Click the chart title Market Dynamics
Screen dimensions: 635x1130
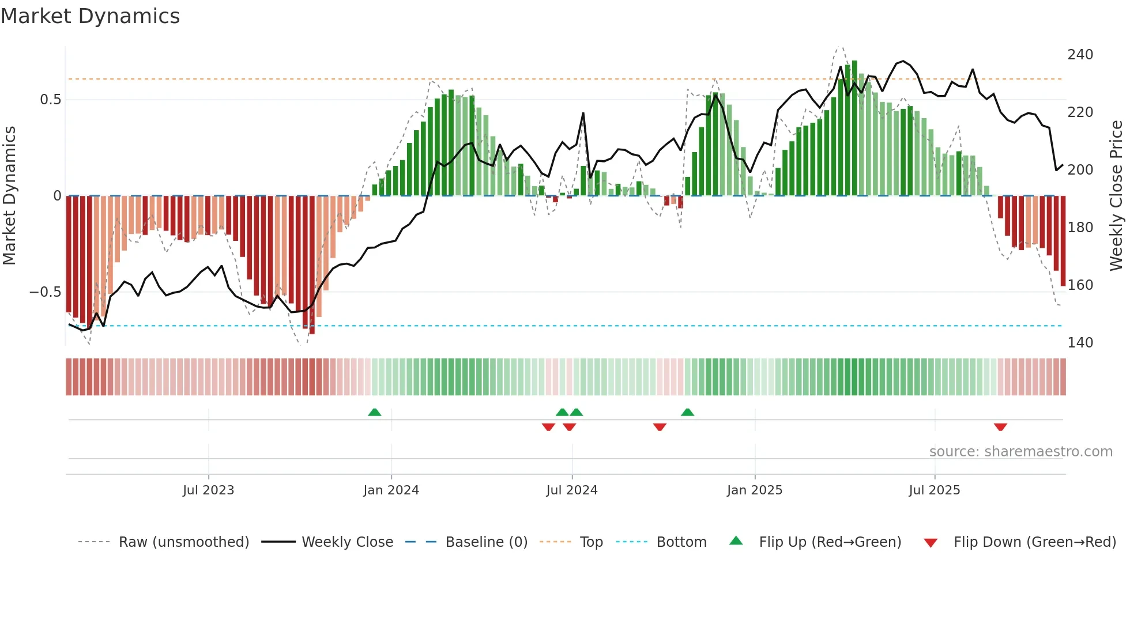pos(90,16)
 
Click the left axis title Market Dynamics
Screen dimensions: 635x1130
pos(9,195)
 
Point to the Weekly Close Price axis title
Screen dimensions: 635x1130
pos(1116,195)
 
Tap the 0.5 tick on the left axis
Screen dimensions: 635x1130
pos(50,100)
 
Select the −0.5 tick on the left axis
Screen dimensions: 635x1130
pos(46,292)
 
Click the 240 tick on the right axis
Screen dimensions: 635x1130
pos(1080,55)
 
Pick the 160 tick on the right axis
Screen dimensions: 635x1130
pos(1080,285)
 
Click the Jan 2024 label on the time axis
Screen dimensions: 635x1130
pos(391,490)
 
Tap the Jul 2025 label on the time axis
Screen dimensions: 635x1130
pos(934,490)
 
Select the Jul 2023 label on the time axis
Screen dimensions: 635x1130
pos(208,490)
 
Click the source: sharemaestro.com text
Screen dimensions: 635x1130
pos(1020,452)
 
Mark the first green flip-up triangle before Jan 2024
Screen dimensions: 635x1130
pos(375,412)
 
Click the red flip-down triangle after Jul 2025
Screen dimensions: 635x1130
pos(1000,427)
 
